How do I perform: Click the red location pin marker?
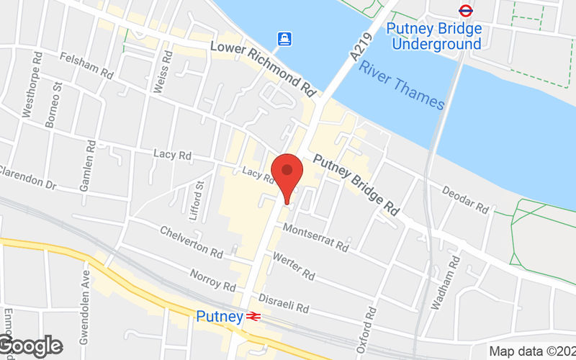coord(288,174)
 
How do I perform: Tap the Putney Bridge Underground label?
coord(433,37)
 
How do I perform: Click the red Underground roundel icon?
coord(466,11)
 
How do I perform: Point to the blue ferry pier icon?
coord(286,38)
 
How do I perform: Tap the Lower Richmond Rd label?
coord(264,69)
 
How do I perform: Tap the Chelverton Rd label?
coord(192,241)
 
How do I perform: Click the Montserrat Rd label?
coord(315,237)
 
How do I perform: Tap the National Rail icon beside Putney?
coord(252,316)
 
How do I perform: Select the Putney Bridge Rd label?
coord(356,184)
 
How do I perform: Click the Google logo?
coord(30,346)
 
